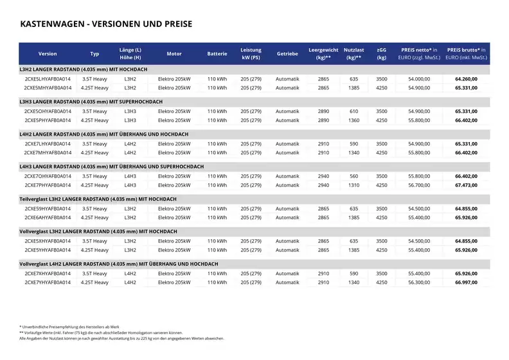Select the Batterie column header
click(x=217, y=54)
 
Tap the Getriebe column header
click(x=287, y=54)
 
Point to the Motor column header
click(x=174, y=54)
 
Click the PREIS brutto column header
click(x=467, y=53)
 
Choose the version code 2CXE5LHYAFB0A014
click(x=48, y=78)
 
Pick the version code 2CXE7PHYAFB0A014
click(x=48, y=185)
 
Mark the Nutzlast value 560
click(x=353, y=176)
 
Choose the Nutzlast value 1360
click(x=353, y=120)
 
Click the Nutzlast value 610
click(x=353, y=111)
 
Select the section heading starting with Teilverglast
click(x=98, y=199)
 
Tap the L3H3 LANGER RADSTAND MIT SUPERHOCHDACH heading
click(x=91, y=102)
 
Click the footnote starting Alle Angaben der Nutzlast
click(x=121, y=338)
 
